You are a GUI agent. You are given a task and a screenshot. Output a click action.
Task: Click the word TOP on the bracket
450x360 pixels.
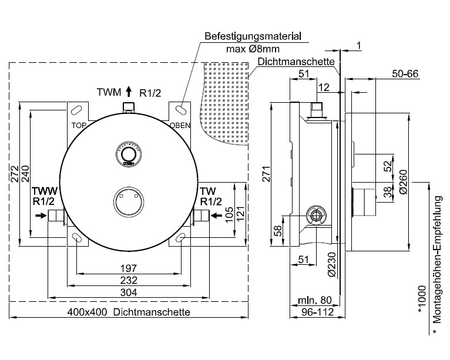79,125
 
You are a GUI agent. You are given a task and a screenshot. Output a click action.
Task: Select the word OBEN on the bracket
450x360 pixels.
179,125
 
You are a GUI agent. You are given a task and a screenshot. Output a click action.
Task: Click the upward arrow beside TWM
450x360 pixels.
128,92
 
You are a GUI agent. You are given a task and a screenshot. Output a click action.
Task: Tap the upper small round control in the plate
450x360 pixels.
129,154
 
